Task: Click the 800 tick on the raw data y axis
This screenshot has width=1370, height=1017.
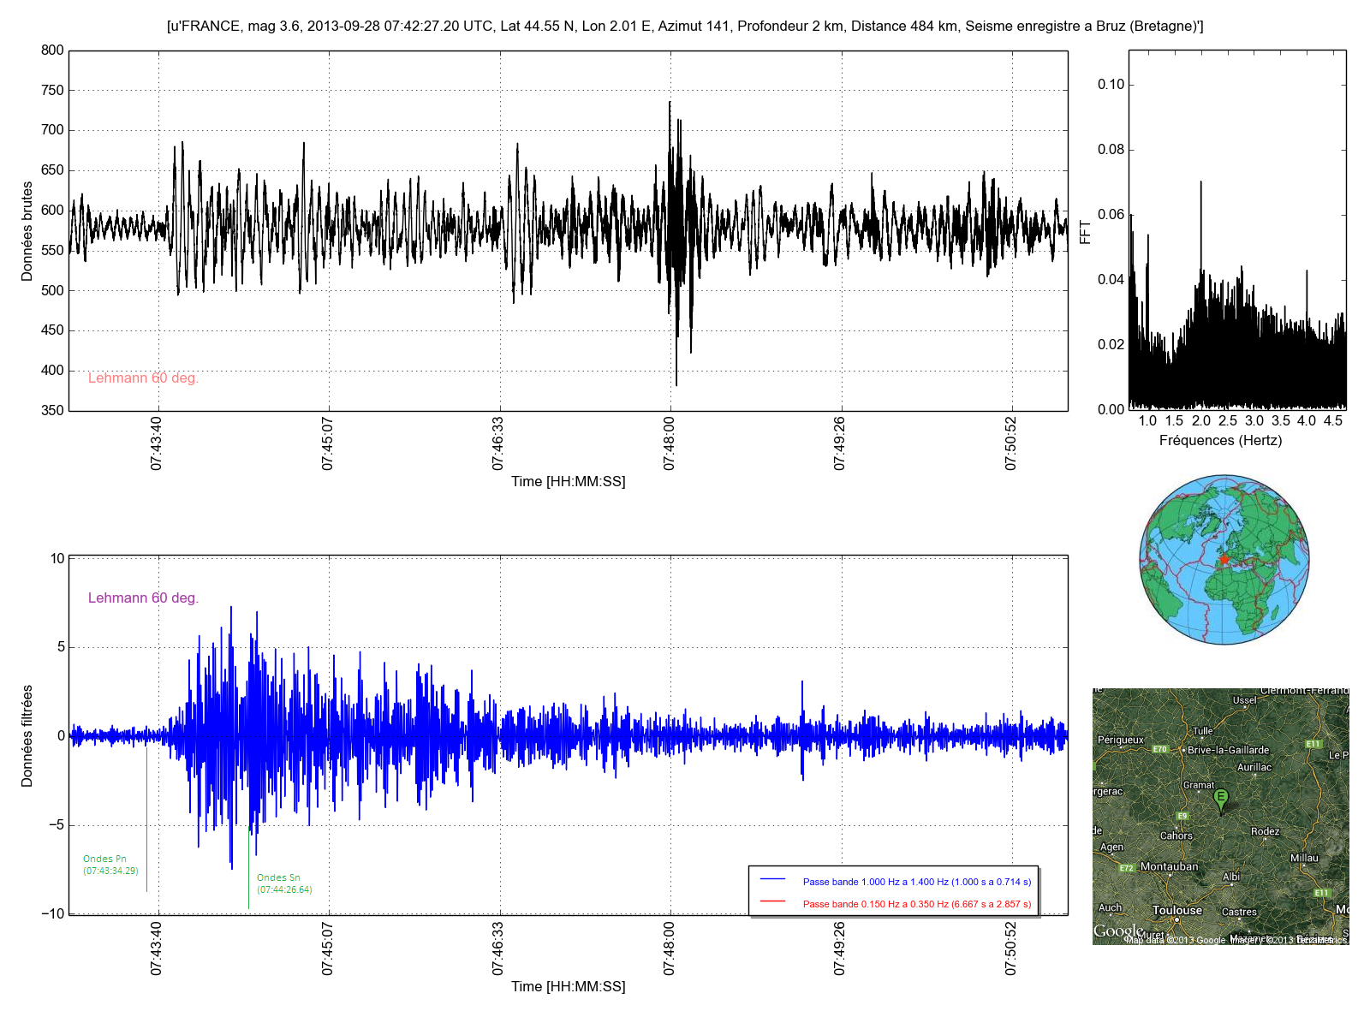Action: pos(52,51)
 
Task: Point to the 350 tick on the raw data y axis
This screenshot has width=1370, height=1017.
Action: pos(52,411)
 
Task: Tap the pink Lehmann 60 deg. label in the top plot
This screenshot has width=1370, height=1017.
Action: pos(143,378)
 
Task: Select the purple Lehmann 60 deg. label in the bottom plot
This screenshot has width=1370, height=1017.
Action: pos(143,598)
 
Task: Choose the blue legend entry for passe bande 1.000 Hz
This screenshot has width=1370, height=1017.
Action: pos(916,882)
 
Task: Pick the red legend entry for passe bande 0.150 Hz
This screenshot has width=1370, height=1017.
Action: pos(916,904)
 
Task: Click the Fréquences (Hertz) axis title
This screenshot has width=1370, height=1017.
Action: pos(1220,441)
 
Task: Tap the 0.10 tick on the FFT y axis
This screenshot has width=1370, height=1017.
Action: pos(1111,85)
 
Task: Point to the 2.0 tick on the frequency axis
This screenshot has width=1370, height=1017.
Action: pos(1201,421)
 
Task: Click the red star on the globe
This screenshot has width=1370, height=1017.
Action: pos(1224,559)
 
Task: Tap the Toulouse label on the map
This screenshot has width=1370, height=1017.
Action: pos(1177,911)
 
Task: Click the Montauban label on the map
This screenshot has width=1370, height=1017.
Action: pos(1169,867)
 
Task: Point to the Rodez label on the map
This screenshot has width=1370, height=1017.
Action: pos(1265,832)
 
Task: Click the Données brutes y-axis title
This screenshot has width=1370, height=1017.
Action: pos(27,231)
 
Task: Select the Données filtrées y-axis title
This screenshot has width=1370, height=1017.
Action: pos(27,736)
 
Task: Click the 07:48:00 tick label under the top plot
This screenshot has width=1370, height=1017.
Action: pos(669,443)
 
